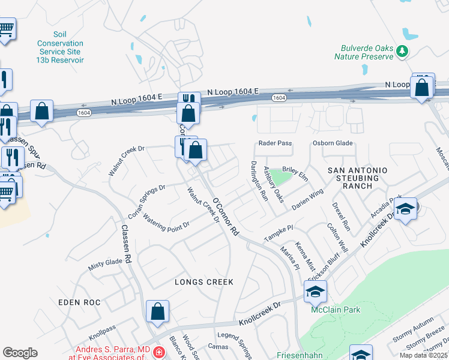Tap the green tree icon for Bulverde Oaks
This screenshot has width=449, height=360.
point(403,52)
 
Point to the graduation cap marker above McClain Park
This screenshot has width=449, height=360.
point(315,292)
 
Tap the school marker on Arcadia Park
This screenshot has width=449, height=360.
point(406,209)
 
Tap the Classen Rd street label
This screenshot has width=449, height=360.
point(127,244)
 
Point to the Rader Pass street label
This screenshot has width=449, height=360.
point(275,143)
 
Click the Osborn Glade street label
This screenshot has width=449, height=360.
point(332,143)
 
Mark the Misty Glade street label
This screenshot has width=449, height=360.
point(106,265)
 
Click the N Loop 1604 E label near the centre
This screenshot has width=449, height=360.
point(232,91)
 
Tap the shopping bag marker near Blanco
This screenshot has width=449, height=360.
point(157,311)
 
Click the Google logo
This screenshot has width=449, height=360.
point(20,353)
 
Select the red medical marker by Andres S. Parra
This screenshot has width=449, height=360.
point(158,352)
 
